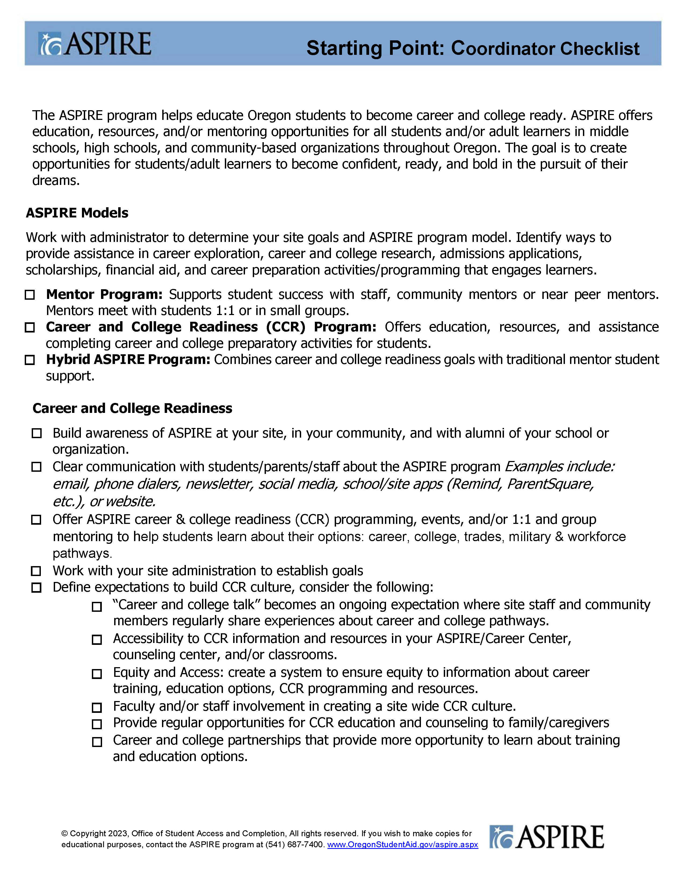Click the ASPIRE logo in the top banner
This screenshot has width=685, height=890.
95,44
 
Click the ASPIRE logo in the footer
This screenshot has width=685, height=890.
546,837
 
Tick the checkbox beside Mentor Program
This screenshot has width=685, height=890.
30,295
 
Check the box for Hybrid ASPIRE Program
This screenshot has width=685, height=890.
30,360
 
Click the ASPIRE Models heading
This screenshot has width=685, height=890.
77,213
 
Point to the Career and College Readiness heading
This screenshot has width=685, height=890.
132,408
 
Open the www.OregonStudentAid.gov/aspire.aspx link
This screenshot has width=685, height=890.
402,845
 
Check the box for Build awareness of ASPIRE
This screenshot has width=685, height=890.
37,433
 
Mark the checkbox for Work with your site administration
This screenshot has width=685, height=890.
37,571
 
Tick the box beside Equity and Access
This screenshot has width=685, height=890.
97,674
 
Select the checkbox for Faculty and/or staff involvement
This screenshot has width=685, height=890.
97,707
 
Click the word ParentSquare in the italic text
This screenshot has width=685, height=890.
550,484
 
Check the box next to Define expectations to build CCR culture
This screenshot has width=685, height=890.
37,588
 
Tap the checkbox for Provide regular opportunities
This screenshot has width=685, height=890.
97,724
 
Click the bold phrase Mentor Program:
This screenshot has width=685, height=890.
104,294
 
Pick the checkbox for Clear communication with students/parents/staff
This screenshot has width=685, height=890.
37,467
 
